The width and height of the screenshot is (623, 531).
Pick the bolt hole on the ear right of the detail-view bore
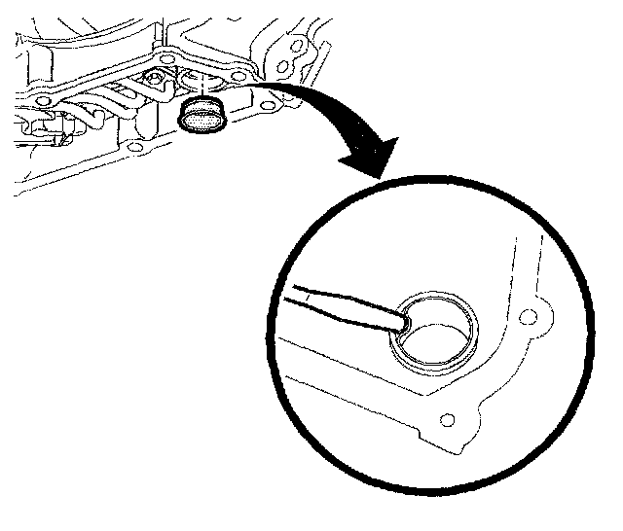click(x=528, y=317)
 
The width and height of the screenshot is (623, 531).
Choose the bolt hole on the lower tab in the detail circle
click(x=447, y=419)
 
